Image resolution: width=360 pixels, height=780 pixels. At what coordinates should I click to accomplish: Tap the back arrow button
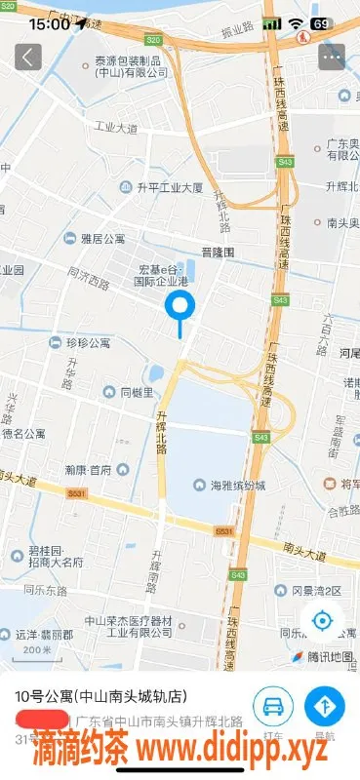(x=27, y=57)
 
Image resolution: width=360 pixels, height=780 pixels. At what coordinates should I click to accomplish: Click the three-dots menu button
(x=332, y=57)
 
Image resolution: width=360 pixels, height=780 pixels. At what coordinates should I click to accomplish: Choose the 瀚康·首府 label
(x=88, y=469)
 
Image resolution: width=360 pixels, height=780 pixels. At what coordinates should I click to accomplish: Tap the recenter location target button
(x=323, y=620)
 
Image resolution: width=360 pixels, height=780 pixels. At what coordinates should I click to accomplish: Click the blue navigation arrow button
(x=325, y=705)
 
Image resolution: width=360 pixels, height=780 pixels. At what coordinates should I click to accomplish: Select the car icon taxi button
(x=273, y=705)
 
